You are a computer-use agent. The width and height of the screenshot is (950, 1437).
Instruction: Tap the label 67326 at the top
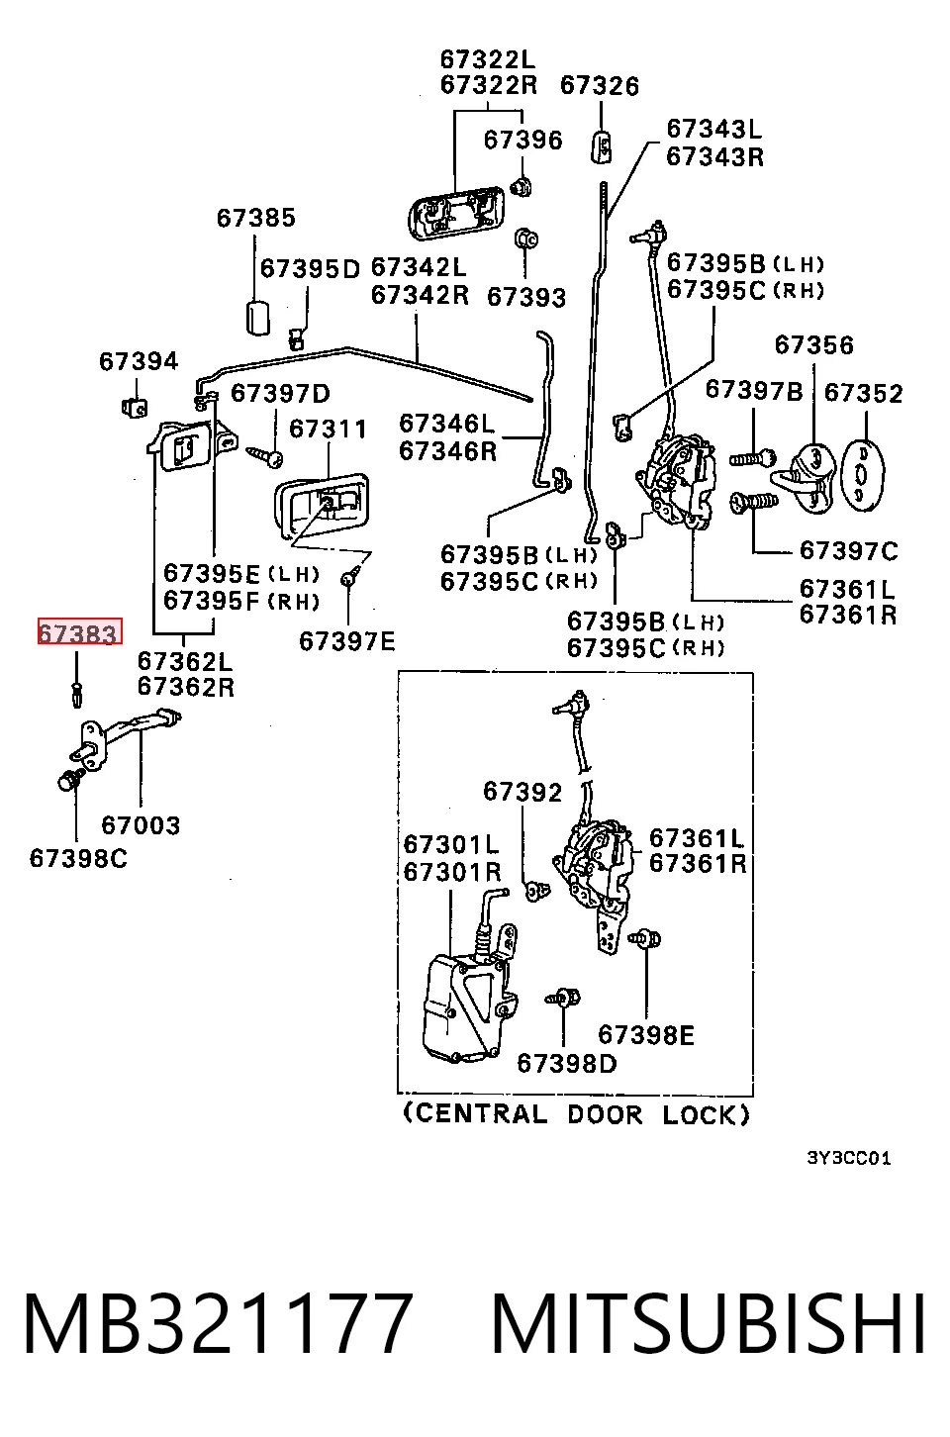[x=599, y=86]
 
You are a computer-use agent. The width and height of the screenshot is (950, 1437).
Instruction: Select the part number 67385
[x=256, y=218]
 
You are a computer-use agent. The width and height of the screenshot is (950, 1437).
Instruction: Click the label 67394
[x=138, y=361]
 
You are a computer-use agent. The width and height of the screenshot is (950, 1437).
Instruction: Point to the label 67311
[x=328, y=429]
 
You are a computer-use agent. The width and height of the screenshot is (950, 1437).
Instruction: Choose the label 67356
[x=814, y=345]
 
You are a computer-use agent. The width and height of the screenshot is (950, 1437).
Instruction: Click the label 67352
[x=863, y=393]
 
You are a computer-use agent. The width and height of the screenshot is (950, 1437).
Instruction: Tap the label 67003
[x=141, y=825]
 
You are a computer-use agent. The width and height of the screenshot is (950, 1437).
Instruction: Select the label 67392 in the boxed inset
[x=522, y=792]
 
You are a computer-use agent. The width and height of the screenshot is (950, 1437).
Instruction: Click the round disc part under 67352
[x=862, y=475]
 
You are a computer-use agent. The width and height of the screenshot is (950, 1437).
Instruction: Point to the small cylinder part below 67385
[x=258, y=317]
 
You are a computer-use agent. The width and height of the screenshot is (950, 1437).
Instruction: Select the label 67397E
[x=347, y=641]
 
